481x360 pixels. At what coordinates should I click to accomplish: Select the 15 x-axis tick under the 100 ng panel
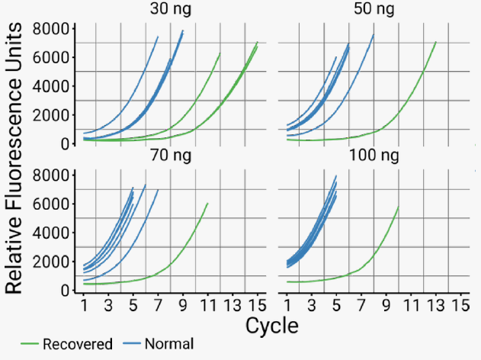pos(459,307)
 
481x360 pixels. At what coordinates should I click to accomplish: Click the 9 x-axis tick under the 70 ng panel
pos(183,307)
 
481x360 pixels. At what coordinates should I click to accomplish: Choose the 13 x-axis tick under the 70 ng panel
pos(232,307)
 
